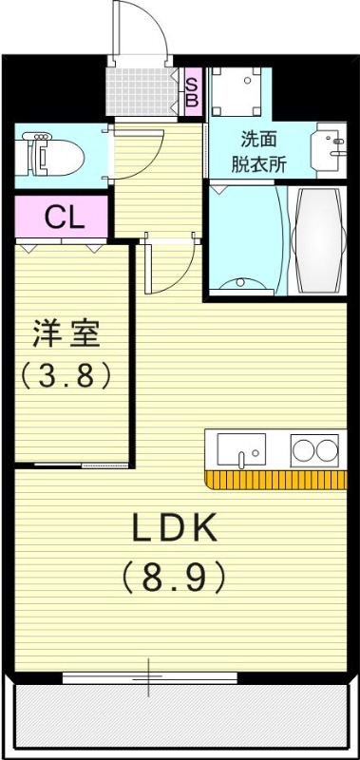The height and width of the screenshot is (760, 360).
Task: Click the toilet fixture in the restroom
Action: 47,152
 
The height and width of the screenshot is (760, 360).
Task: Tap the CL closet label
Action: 65,218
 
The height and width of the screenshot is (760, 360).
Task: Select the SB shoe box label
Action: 191,91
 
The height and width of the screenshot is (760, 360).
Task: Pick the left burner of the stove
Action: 304,448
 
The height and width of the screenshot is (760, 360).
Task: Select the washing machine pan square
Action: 239,91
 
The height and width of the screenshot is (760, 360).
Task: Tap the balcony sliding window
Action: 149,677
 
